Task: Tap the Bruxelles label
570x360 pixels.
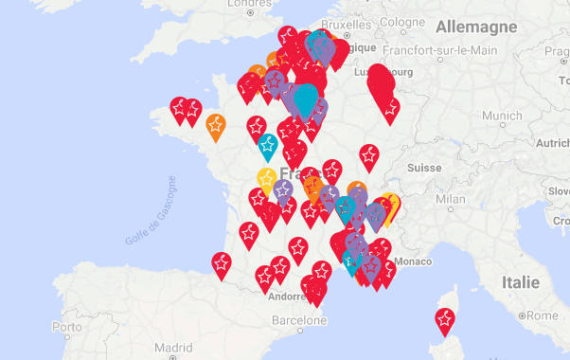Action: [347, 25]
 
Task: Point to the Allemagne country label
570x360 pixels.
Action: [475, 25]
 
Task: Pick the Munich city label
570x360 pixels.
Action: [502, 116]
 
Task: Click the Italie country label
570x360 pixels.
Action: [520, 282]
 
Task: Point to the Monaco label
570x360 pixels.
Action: [412, 260]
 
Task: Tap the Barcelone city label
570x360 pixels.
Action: [299, 320]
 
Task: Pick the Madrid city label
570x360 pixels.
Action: [173, 347]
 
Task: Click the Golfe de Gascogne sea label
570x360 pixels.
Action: [150, 211]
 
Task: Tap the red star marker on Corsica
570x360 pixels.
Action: [444, 320]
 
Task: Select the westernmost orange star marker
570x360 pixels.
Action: [216, 124]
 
